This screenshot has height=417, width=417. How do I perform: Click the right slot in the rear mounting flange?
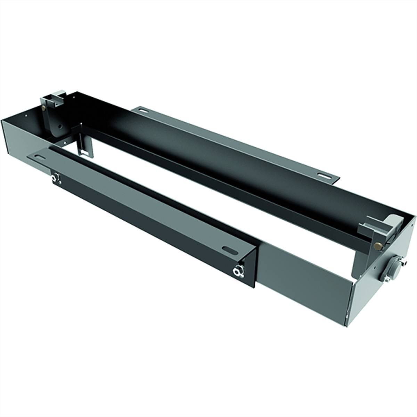coord(324,175)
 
